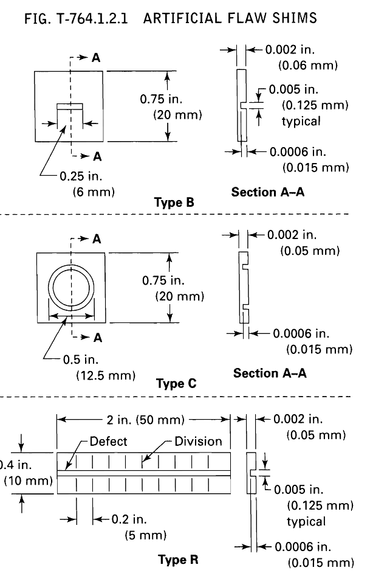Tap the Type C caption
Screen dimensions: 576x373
tap(177, 383)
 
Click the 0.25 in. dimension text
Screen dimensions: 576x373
tap(82, 176)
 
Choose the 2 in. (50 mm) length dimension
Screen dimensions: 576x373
tap(143, 419)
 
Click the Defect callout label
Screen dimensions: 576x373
tap(108, 442)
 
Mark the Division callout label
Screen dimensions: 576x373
tap(198, 442)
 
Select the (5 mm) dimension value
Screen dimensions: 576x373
tap(145, 535)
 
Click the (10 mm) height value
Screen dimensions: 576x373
tap(28, 481)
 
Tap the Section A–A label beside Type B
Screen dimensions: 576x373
tap(267, 192)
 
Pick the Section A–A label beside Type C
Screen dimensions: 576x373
tap(270, 373)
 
